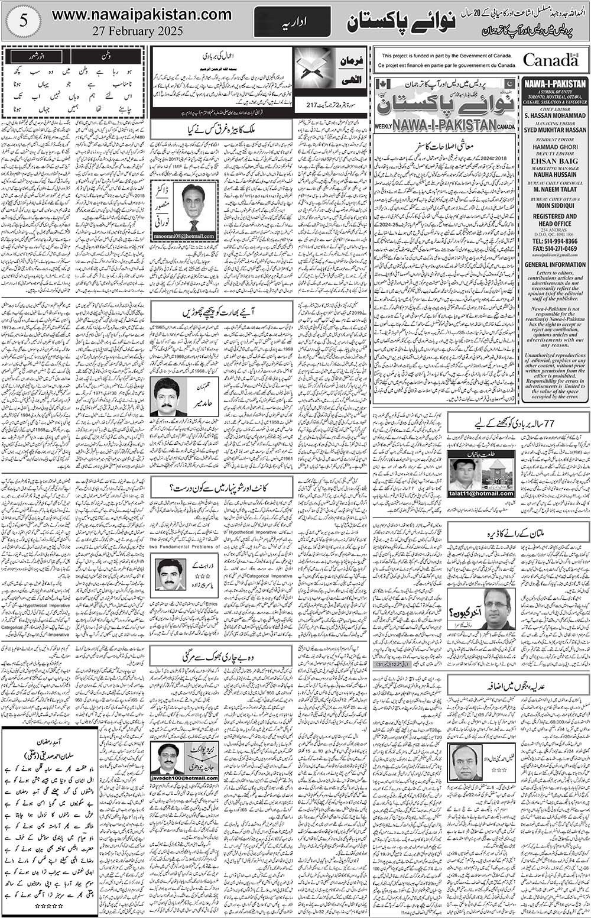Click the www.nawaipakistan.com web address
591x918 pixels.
[x=142, y=14]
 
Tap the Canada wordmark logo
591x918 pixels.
[x=550, y=60]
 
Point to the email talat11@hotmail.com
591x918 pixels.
[x=480, y=493]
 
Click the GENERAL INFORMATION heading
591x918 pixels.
[x=555, y=265]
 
